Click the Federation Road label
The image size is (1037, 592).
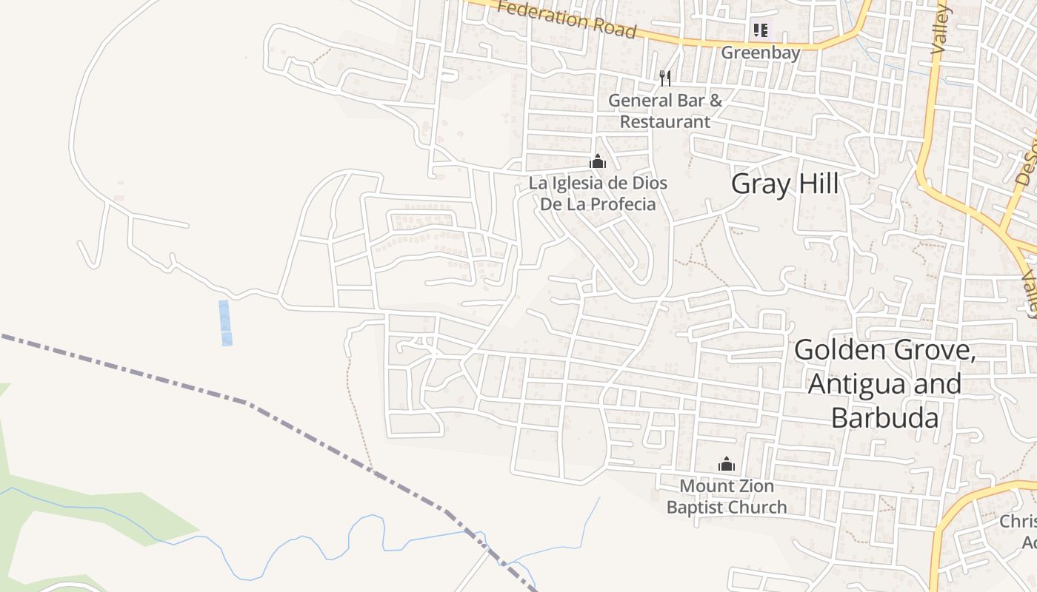(x=567, y=18)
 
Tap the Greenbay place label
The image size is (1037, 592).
(x=761, y=53)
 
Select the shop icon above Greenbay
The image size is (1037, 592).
(x=760, y=30)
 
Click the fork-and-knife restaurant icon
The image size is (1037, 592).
(x=665, y=78)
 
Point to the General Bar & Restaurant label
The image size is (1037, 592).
(x=664, y=110)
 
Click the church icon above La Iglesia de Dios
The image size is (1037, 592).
(x=598, y=161)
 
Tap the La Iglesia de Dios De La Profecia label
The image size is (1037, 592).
(x=598, y=193)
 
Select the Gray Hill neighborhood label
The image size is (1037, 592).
(x=784, y=184)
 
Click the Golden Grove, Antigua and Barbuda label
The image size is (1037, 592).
(x=884, y=383)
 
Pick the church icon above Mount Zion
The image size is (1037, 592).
(x=727, y=464)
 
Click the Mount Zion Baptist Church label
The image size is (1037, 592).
(x=727, y=497)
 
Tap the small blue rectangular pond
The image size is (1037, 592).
(x=225, y=323)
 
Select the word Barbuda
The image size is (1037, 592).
(x=884, y=417)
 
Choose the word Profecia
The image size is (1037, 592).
(x=621, y=203)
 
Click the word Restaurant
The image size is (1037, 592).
(x=664, y=121)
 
